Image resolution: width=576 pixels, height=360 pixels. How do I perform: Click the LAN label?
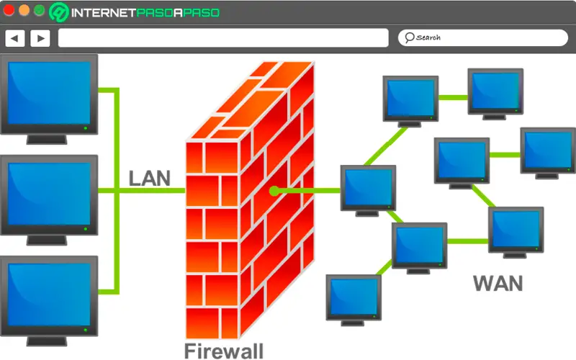[x=150, y=178]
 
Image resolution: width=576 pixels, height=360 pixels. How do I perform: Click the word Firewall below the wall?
[x=223, y=351]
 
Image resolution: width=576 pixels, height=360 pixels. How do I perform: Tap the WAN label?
[x=498, y=282]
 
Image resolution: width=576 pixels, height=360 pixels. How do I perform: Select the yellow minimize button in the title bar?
[x=24, y=11]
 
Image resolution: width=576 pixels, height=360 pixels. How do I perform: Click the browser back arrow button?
[x=15, y=37]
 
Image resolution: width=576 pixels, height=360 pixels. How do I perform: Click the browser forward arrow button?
[x=40, y=37]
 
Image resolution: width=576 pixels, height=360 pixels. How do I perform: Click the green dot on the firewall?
[x=274, y=191]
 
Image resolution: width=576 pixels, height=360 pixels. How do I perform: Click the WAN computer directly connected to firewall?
[x=368, y=188]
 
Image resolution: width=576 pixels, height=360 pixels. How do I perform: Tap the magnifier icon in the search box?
[x=409, y=37]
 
